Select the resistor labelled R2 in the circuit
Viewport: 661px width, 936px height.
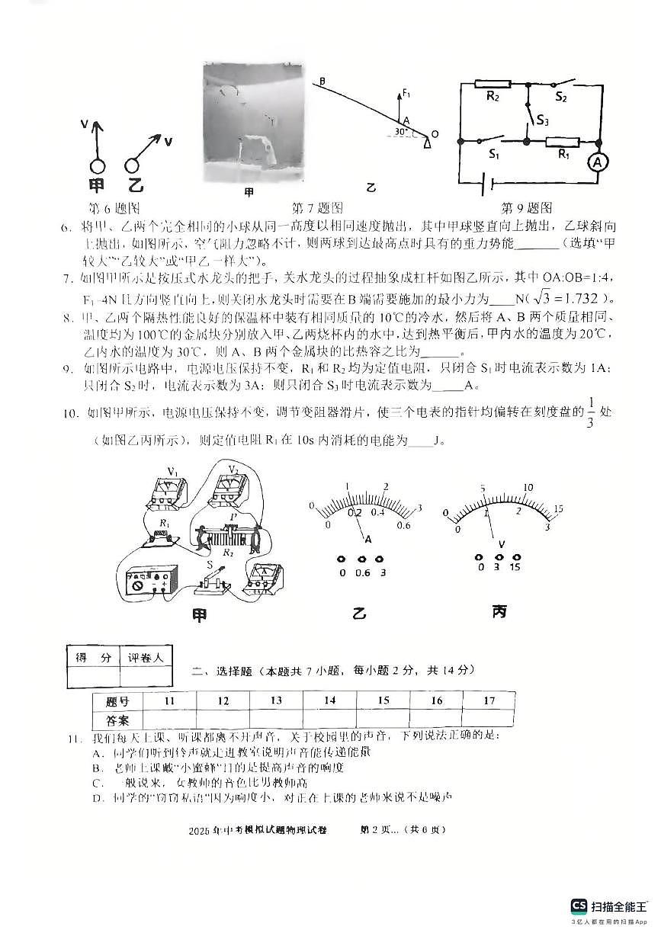coord(493,85)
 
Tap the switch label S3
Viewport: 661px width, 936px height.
coord(542,120)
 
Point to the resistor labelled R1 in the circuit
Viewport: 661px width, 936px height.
coord(563,142)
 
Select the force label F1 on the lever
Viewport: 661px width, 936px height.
coord(406,95)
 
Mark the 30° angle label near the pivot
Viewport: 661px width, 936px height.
coord(399,132)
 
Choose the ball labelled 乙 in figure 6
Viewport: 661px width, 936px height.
coord(133,165)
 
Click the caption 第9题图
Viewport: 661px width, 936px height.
coord(526,207)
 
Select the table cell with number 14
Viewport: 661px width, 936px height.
coord(329,700)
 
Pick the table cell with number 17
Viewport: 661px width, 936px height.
coord(489,700)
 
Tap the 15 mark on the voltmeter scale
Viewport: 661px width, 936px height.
coord(557,508)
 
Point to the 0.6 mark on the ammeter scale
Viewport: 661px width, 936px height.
coord(404,524)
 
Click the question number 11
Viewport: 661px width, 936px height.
coord(73,737)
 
